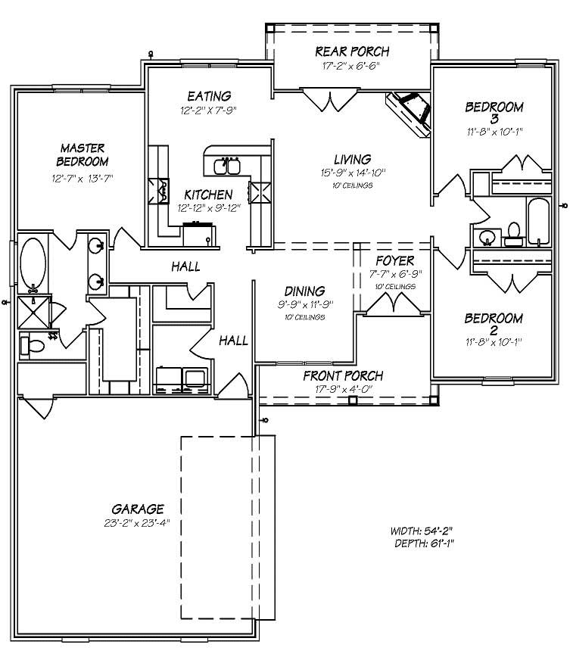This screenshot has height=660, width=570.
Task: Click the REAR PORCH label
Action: (352, 51)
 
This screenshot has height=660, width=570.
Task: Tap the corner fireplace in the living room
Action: (411, 112)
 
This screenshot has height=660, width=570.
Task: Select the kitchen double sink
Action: (227, 165)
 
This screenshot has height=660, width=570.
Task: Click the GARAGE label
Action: (137, 509)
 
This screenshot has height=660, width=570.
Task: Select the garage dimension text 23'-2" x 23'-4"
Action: (137, 522)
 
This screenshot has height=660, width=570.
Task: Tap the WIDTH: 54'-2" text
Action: (422, 531)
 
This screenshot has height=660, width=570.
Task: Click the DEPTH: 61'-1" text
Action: (424, 543)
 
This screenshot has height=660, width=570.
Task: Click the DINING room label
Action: (304, 291)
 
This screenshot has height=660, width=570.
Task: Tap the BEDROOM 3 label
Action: (494, 113)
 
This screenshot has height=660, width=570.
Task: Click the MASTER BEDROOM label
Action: (83, 154)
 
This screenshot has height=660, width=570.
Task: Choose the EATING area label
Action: (209, 96)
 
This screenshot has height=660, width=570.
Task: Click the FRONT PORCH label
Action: (343, 376)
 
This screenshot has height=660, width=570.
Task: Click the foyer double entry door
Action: (391, 304)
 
